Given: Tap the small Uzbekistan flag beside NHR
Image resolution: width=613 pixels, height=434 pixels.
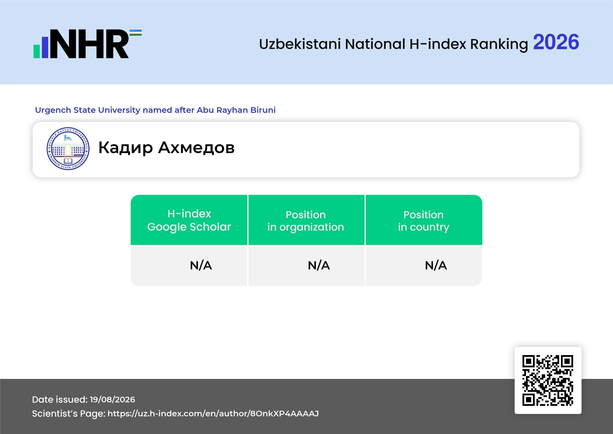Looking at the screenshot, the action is [x=136, y=33].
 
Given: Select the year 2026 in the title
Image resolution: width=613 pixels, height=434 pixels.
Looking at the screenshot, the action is [x=556, y=42].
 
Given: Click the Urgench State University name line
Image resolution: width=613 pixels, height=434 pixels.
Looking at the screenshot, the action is [x=155, y=110].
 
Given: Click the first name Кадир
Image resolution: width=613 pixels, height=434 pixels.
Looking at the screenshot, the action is [x=125, y=148].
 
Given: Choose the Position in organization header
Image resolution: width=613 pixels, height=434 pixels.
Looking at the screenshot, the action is [x=306, y=220].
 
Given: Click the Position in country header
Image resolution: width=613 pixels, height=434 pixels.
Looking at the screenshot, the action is [x=424, y=220].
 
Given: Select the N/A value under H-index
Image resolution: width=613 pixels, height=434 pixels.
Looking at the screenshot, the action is [x=201, y=265].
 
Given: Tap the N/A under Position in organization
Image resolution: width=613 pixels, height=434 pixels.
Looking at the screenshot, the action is [x=319, y=265].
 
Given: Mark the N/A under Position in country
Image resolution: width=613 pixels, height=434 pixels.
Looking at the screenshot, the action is [x=436, y=265].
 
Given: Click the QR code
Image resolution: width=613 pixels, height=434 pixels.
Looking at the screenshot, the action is [x=548, y=380].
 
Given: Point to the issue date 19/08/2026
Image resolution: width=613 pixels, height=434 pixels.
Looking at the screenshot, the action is [x=112, y=400].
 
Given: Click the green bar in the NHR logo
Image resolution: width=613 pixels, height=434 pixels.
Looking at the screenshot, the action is [x=37, y=51].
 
